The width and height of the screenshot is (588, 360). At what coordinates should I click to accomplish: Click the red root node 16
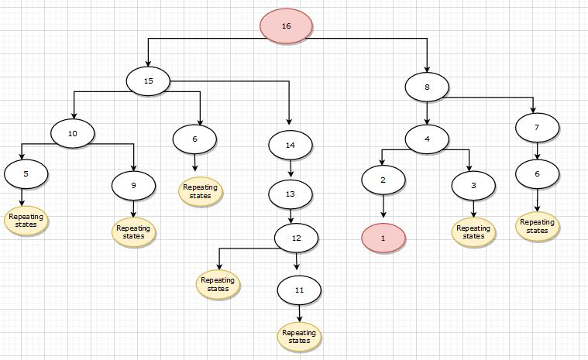286,26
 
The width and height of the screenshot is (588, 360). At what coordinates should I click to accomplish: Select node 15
149,81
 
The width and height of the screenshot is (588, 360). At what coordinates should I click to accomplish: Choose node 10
73,134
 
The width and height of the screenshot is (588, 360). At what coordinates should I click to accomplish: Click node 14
290,145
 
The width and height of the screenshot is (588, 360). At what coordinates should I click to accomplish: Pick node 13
290,193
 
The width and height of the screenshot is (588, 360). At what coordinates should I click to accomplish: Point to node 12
296,238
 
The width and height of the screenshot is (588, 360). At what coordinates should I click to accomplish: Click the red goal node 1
383,238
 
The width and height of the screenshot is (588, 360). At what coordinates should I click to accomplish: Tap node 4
427,139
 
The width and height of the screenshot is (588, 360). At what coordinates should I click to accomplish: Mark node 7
537,125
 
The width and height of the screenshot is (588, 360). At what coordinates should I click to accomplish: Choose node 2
383,180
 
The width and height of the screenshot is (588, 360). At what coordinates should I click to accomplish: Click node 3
473,186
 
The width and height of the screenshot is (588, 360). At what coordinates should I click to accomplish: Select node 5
26,174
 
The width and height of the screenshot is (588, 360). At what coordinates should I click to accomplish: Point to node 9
133,186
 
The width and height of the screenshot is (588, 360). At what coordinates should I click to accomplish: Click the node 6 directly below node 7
537,173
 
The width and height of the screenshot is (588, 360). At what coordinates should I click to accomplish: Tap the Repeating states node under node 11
299,337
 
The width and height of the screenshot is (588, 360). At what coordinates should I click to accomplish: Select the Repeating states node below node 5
26,220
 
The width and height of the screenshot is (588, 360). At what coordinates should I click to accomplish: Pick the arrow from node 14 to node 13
290,169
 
